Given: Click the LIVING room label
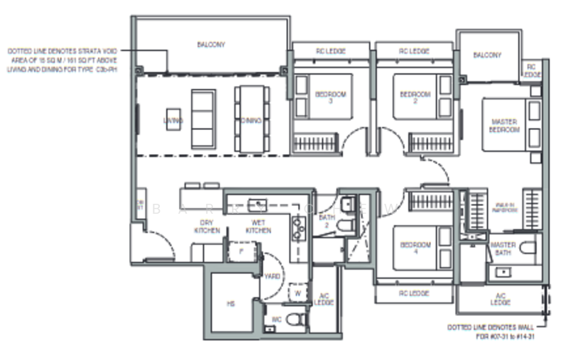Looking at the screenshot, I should tap(173, 121).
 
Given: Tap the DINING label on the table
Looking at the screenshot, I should tap(251, 121).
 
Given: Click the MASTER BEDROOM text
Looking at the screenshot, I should tap(504, 126).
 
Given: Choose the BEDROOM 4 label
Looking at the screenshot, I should tap(415, 248).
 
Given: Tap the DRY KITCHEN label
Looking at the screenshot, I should tap(207, 227).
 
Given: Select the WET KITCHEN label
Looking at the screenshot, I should tap(258, 227).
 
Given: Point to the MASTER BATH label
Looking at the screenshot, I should tap(503, 248).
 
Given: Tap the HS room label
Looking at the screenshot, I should tap(230, 303).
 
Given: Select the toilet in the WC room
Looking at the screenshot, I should tap(296, 320).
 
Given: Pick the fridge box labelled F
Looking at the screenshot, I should tap(241, 251).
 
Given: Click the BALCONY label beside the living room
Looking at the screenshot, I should tap(211, 45).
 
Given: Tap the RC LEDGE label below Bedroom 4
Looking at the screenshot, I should tap(413, 292).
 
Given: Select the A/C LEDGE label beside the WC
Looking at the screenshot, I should tap(324, 300).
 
